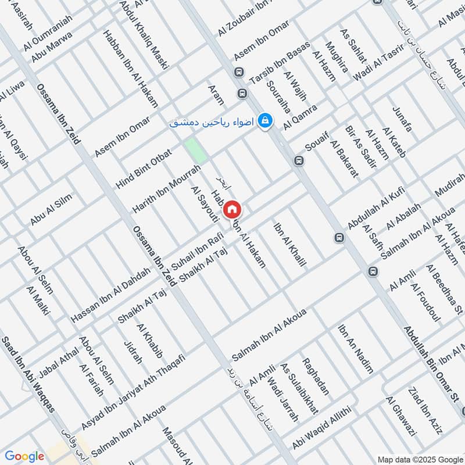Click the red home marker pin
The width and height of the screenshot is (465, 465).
(x=232, y=209)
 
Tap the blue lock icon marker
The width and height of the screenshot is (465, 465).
(x=264, y=120)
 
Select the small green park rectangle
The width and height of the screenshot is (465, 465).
(x=196, y=151)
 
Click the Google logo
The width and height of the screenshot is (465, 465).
(x=25, y=456)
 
